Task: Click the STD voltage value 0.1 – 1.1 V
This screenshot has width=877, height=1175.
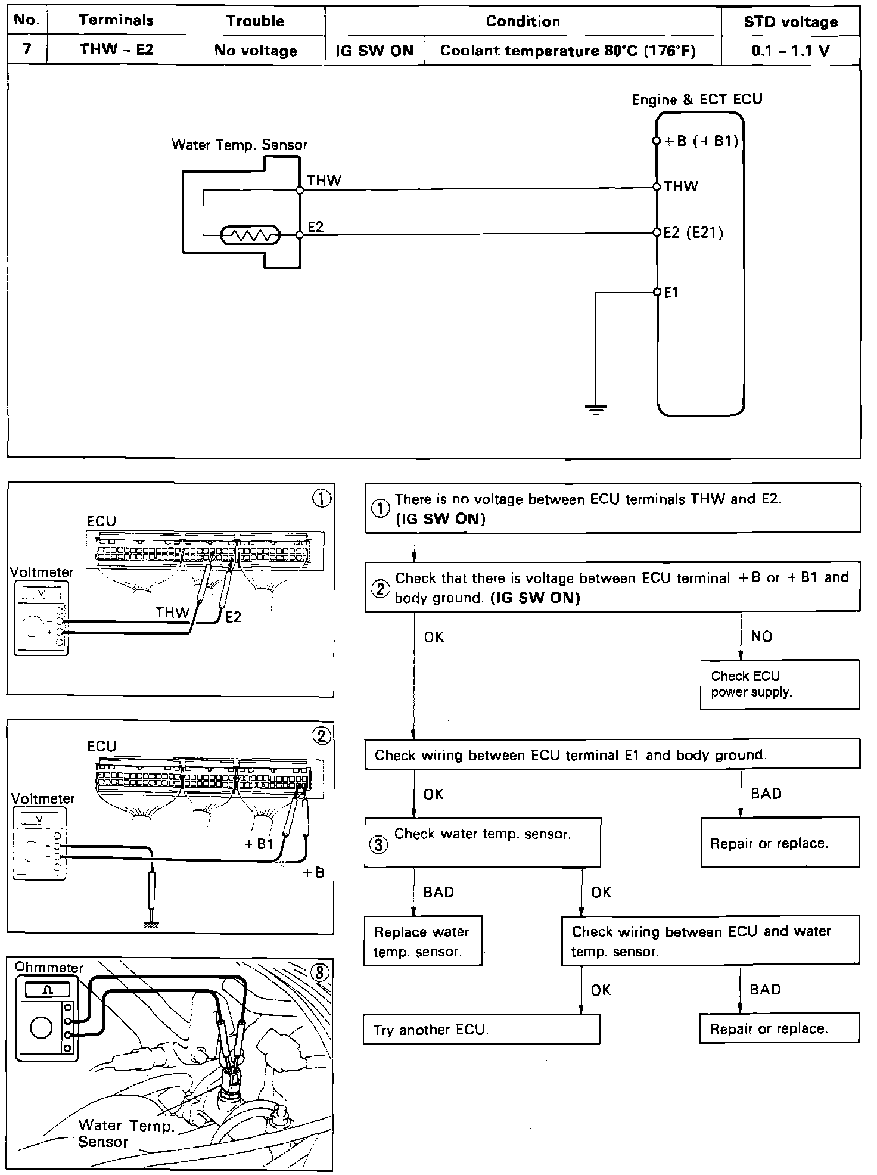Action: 790,51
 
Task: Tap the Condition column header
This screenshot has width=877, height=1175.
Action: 523,21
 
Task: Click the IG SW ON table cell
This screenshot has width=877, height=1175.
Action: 374,51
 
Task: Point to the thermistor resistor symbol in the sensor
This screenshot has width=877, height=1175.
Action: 250,236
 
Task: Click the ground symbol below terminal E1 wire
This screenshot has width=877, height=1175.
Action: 596,409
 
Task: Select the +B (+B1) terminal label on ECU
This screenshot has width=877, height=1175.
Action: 701,141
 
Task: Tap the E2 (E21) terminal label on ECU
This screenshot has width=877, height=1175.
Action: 693,232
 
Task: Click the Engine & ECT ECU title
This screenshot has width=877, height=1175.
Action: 696,100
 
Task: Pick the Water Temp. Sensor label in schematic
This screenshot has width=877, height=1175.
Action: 239,144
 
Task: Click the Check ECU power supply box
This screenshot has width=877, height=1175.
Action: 779,684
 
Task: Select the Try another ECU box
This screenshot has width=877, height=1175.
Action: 481,1030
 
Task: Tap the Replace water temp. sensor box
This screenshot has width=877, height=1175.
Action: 423,941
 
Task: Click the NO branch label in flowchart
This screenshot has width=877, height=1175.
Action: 761,636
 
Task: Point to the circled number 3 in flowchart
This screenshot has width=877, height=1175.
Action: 379,844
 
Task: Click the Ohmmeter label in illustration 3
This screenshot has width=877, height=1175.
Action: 49,967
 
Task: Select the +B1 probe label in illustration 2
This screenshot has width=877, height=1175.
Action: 259,844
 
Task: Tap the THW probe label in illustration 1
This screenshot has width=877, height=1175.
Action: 172,612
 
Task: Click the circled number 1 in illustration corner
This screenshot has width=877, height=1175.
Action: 322,499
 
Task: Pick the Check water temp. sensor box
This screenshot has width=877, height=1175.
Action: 482,842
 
